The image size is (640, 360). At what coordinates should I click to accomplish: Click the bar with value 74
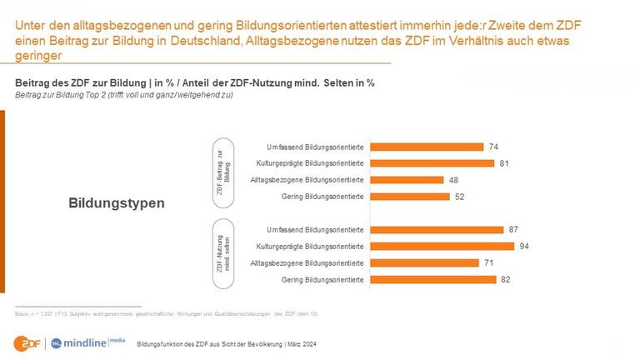pyautogui.click(x=426, y=147)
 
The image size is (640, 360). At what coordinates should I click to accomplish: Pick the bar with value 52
pyautogui.click(x=408, y=196)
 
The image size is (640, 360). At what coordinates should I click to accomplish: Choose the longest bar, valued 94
pyautogui.click(x=442, y=246)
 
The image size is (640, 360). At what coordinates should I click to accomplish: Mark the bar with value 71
pyautogui.click(x=424, y=262)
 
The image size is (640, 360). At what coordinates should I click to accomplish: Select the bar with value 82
pyautogui.click(x=432, y=279)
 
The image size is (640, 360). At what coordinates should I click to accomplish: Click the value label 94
pyautogui.click(x=524, y=246)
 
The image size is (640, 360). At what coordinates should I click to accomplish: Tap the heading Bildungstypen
pyautogui.click(x=117, y=202)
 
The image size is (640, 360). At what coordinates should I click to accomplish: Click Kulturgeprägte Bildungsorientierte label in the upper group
pyautogui.click(x=310, y=163)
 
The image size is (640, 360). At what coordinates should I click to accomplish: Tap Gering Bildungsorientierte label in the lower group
pyautogui.click(x=322, y=279)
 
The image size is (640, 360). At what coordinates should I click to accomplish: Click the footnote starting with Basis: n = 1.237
pyautogui.click(x=167, y=313)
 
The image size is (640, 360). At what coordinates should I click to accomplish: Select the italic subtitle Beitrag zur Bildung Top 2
pyautogui.click(x=124, y=95)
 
